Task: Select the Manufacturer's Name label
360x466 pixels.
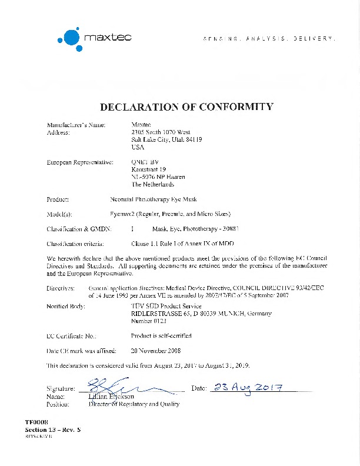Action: click(x=76, y=125)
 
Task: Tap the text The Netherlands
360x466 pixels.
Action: click(x=153, y=184)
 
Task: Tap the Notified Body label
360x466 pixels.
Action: click(x=65, y=307)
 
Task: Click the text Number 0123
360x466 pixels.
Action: click(x=149, y=321)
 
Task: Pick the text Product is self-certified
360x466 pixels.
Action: click(x=161, y=336)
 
